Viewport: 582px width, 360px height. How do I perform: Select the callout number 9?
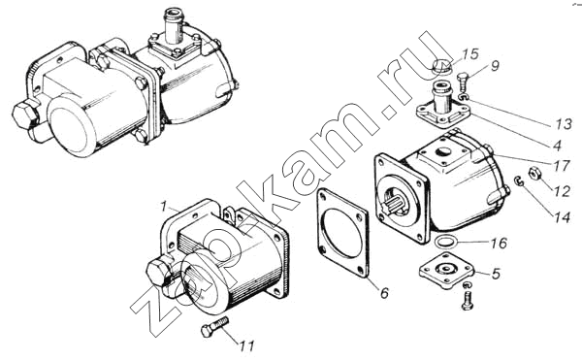[495, 65]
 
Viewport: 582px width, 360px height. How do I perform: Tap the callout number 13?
[564, 124]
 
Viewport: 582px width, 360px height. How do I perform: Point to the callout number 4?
[557, 146]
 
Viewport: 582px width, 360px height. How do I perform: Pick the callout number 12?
[562, 191]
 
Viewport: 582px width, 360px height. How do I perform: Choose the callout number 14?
[562, 217]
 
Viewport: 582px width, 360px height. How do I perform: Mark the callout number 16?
[499, 244]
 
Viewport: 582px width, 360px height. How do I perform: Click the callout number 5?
[497, 274]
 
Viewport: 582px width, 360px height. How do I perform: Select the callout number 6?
[384, 293]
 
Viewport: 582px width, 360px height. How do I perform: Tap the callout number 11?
[246, 345]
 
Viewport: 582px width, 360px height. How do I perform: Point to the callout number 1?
[162, 207]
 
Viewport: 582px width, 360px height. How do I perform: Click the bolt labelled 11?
[214, 326]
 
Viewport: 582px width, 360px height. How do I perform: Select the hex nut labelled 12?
[533, 174]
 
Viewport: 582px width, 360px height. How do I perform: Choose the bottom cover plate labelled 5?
[447, 271]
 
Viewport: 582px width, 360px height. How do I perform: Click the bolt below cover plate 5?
[468, 301]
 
